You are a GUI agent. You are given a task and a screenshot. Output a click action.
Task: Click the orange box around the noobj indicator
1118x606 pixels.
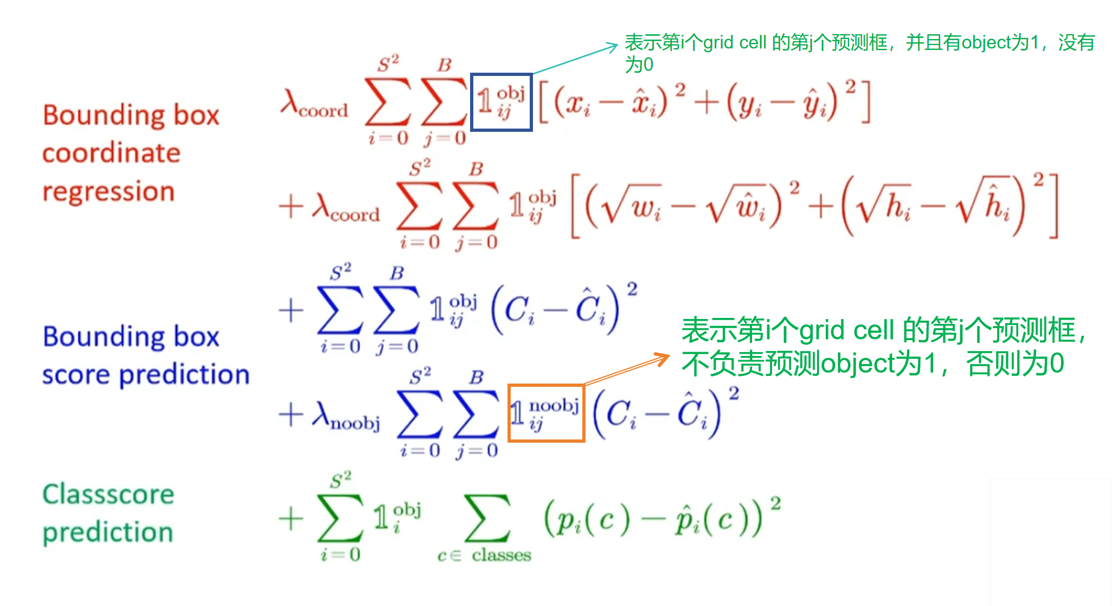(x=546, y=386)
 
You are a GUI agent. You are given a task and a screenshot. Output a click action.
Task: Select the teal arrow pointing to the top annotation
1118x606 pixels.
(x=575, y=59)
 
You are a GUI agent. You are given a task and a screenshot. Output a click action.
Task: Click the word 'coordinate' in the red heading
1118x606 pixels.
(x=111, y=153)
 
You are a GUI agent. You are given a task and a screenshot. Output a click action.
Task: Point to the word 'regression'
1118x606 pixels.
(x=108, y=192)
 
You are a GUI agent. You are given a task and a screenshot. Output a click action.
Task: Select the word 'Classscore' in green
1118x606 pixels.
(x=108, y=494)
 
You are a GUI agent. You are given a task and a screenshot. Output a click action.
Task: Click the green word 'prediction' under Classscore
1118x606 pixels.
(x=108, y=533)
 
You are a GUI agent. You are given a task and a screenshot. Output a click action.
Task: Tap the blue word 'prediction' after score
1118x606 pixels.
(x=184, y=375)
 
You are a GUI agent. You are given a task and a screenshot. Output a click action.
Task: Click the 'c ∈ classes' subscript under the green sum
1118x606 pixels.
(x=484, y=555)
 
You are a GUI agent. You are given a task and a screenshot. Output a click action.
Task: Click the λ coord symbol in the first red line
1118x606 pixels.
(x=314, y=104)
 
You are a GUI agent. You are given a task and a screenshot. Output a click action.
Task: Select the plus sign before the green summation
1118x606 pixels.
(x=291, y=518)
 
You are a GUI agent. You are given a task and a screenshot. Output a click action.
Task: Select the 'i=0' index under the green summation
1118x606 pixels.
(x=340, y=554)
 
